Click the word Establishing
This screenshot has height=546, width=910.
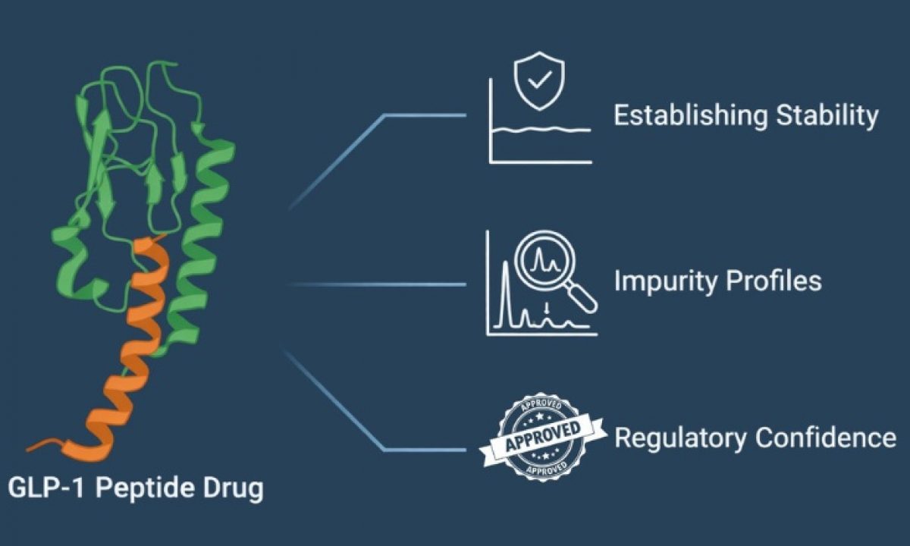pos(691,116)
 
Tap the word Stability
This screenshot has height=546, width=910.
pos(827,116)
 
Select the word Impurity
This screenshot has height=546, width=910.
pos(666,281)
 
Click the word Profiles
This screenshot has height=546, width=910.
pos(774,281)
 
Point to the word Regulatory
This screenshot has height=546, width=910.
pos(680,438)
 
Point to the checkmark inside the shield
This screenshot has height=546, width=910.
pos(539,80)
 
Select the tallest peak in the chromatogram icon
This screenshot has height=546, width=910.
pos(505,293)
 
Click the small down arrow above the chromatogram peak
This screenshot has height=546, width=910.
pos(548,309)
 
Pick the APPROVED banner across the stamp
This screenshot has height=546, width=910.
pos(543,438)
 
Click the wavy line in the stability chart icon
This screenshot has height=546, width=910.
pos(541,130)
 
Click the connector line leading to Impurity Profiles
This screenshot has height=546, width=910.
pos(377,285)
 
